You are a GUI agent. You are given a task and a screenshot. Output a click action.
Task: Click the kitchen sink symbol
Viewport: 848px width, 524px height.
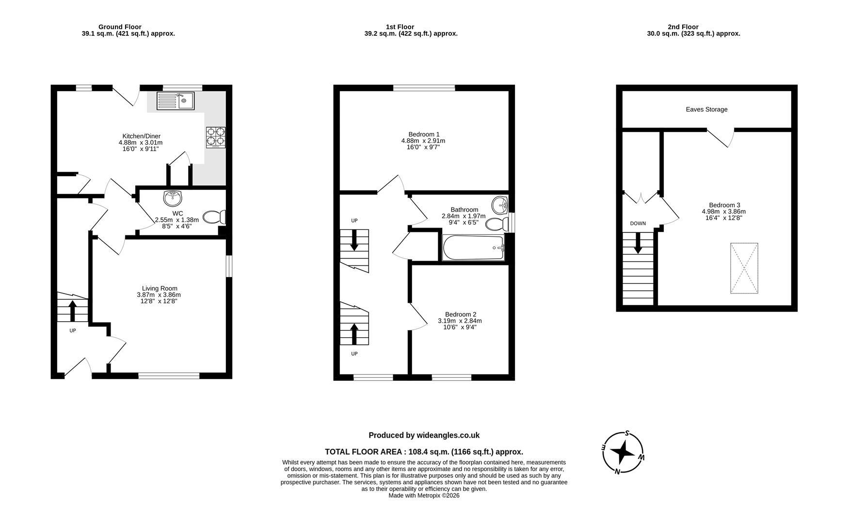coord(175,101)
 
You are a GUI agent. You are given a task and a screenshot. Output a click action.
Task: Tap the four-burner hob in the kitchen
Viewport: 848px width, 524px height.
coord(216,136)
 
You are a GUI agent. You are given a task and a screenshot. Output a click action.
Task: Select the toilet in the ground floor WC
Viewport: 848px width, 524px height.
coord(214,217)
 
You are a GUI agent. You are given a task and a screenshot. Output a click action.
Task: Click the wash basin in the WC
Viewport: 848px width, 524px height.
coord(173,198)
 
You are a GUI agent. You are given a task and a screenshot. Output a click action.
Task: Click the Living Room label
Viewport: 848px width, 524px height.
coord(160,288)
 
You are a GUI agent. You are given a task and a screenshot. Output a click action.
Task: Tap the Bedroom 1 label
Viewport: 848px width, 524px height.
coord(424,134)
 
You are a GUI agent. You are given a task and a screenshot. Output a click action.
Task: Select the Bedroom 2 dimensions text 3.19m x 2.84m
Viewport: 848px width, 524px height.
coord(460,321)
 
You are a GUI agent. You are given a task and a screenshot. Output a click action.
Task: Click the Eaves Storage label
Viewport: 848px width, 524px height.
coord(706,110)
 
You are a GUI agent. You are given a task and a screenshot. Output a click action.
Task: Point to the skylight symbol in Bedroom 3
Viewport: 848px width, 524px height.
coord(744,268)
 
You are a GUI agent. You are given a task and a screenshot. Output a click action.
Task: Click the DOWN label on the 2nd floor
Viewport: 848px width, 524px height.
coord(638,224)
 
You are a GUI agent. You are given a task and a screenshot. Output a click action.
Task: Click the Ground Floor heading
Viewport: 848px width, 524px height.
coord(120,27)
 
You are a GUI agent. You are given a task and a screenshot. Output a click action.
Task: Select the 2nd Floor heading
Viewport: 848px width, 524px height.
coord(683,27)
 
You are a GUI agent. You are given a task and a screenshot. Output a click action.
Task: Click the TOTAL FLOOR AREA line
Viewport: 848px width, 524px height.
coord(424,452)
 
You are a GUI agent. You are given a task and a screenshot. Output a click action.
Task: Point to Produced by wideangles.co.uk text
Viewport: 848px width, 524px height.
coord(424,435)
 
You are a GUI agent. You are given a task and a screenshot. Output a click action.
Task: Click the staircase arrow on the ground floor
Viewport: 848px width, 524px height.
coord(73,311)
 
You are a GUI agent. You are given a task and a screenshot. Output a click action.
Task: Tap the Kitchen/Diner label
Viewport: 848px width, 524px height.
coord(141,136)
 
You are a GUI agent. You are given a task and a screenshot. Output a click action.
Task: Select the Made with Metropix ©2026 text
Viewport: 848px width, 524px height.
coord(424,495)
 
